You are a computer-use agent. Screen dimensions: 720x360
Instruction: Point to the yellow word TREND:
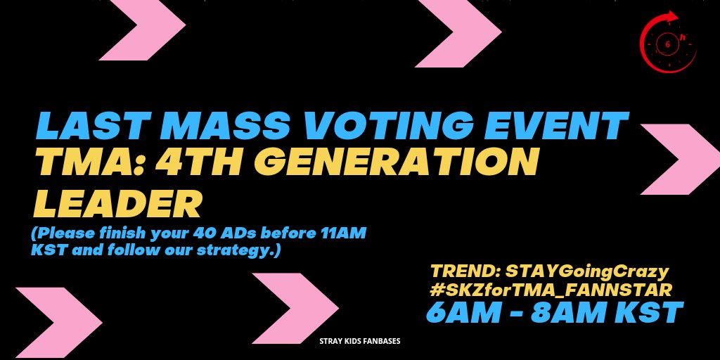(x=465, y=272)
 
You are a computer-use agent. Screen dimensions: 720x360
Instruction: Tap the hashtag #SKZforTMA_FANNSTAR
(x=551, y=290)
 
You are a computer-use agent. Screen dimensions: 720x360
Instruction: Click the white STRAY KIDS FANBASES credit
(x=360, y=341)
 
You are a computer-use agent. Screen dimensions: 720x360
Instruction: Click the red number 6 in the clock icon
(x=668, y=44)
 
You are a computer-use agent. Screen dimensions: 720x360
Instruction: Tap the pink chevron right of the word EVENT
(x=680, y=159)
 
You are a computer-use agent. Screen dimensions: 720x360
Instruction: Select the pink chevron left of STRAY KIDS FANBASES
(x=295, y=308)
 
